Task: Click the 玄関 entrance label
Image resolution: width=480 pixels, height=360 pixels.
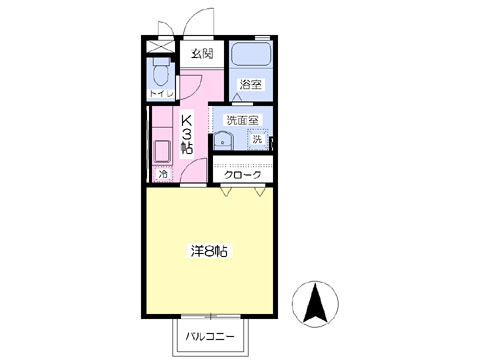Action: coord(202,53)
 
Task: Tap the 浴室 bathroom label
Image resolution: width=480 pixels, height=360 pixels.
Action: coord(251,85)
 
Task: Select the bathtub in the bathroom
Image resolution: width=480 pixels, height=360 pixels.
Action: coord(251,55)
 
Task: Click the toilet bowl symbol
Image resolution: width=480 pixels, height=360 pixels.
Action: coord(160,72)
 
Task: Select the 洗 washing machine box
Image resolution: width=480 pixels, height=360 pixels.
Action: coord(257,140)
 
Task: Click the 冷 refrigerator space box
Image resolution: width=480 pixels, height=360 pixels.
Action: coord(163,175)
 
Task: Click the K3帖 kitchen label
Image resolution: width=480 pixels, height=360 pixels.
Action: coord(186,134)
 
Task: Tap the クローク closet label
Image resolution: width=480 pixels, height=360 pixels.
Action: coord(243,175)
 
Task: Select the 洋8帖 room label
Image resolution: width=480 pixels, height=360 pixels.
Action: coord(209,251)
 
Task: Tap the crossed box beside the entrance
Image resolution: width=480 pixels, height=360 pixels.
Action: coord(159,45)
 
